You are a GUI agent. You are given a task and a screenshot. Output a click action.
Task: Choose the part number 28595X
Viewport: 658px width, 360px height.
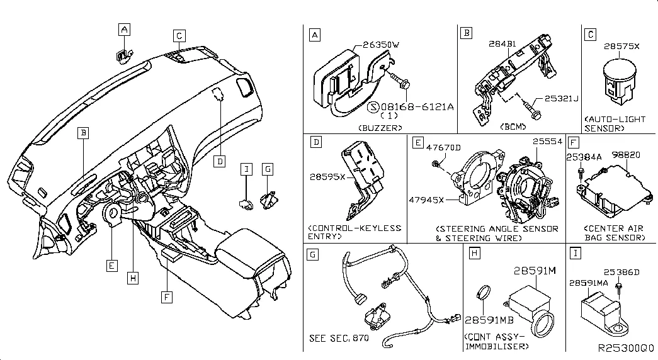(x=326, y=178)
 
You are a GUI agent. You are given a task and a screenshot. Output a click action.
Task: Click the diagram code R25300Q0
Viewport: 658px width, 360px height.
(x=627, y=347)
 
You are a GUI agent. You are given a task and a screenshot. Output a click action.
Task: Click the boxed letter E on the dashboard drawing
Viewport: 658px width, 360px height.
(x=111, y=266)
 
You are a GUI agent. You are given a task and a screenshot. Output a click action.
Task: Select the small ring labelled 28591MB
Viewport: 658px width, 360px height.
(x=483, y=293)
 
